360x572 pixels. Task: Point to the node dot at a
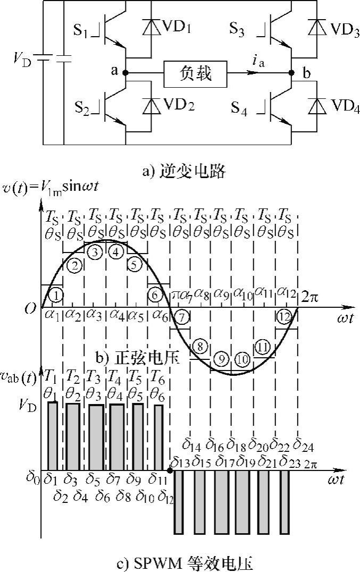pyautogui.click(x=126, y=73)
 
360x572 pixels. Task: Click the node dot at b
pyautogui.click(x=291, y=73)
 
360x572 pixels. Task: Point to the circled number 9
pyautogui.click(x=222, y=359)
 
